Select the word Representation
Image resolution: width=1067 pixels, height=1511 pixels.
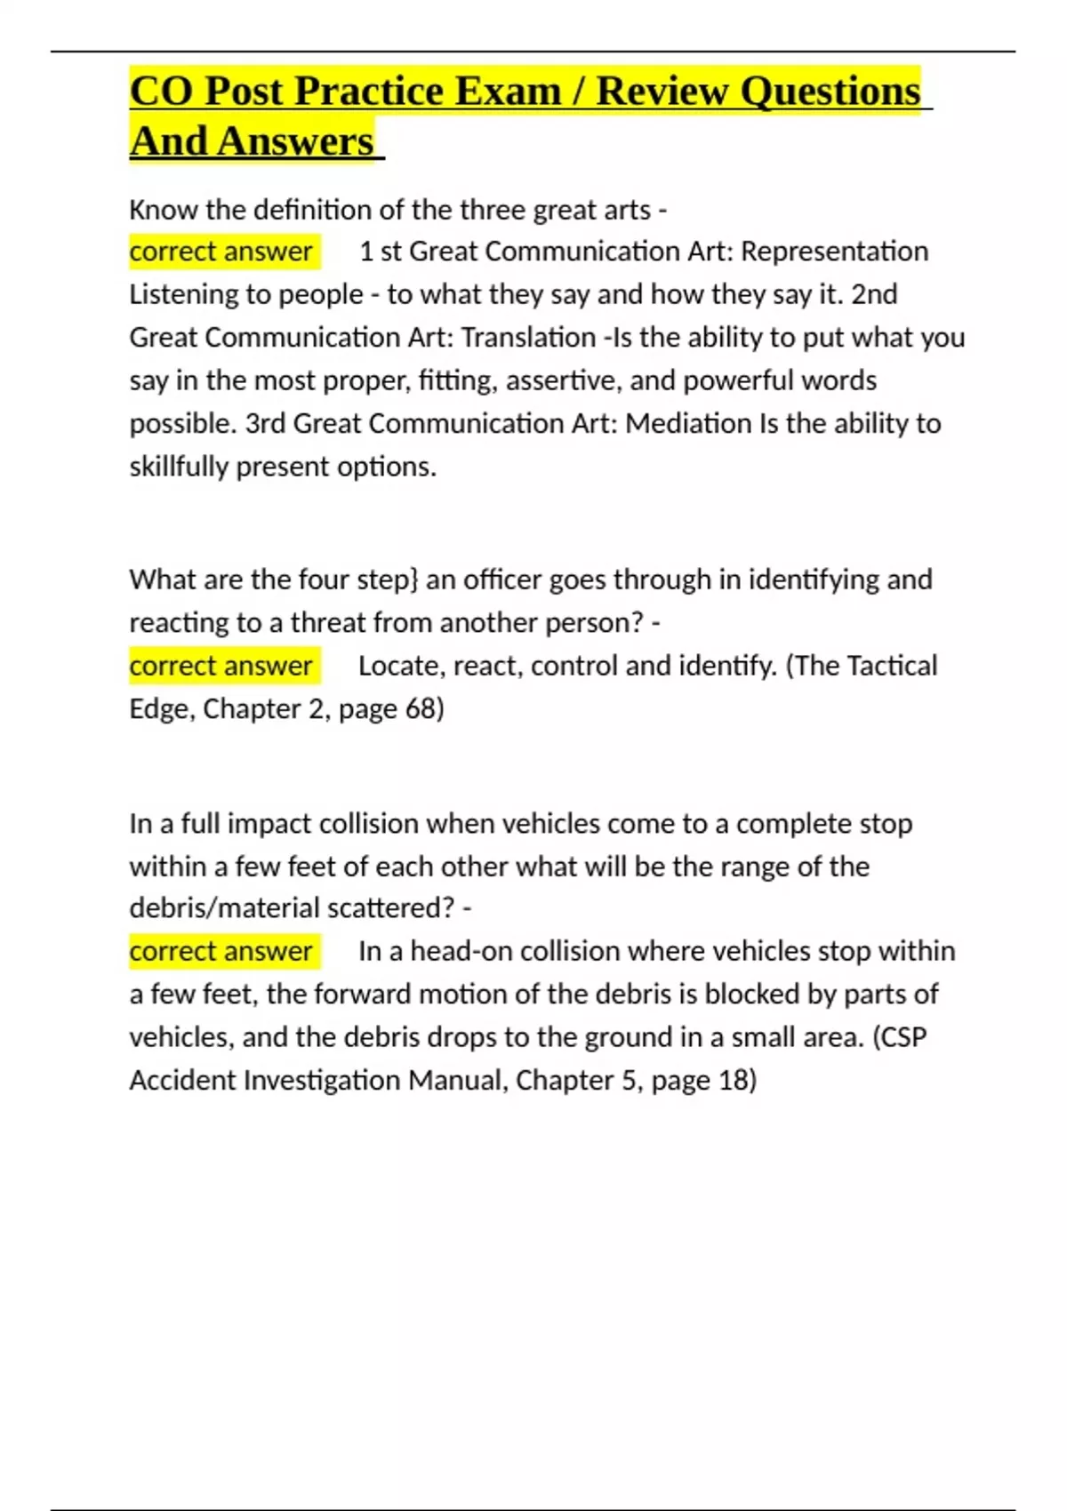(x=834, y=252)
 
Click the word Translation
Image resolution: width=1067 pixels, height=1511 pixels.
(x=528, y=338)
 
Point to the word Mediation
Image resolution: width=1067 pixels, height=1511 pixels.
(x=688, y=423)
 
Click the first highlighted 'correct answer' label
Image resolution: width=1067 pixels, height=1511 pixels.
(x=221, y=252)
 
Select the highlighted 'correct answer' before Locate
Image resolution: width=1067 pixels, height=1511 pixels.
(x=221, y=666)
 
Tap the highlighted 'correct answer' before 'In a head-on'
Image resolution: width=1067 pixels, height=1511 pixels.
(x=221, y=951)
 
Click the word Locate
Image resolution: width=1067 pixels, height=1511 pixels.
(x=401, y=666)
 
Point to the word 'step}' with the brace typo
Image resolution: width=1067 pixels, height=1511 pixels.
(x=387, y=580)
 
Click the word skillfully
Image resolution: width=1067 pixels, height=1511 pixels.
(x=179, y=467)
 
